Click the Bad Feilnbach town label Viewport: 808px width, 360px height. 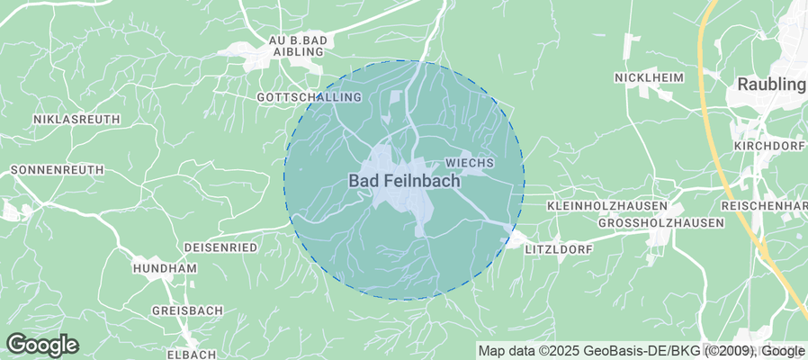point(404,181)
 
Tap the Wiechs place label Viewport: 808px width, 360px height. point(470,163)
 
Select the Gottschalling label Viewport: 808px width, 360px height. point(309,97)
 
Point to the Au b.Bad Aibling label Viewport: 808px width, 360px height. point(301,46)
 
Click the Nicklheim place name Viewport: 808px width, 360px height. point(649,78)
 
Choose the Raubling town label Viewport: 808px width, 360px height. point(771,85)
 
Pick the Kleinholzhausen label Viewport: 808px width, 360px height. point(607,206)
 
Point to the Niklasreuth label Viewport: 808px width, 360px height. point(76,119)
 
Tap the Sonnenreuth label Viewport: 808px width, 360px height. point(58,169)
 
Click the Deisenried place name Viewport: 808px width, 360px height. point(220,247)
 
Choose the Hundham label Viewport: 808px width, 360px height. point(164,268)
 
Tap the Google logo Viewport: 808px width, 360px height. point(42,345)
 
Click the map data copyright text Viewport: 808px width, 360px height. point(642,351)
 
